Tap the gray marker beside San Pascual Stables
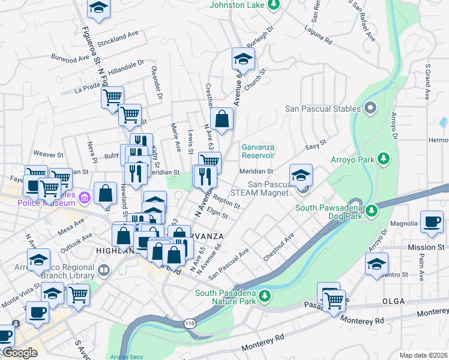[370, 109]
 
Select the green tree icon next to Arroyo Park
[382, 160]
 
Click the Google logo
[20, 352]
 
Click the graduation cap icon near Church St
[243, 59]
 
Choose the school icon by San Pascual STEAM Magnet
[301, 175]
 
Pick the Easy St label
[315, 145]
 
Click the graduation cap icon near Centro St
[376, 263]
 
